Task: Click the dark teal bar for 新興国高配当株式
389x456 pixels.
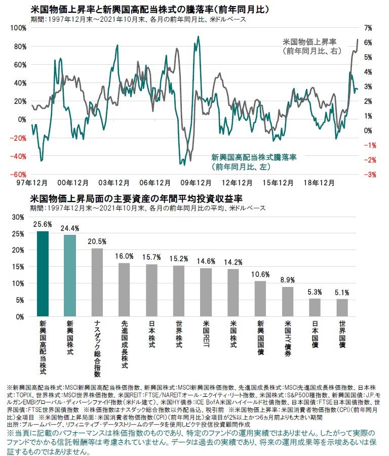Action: coord(43,274)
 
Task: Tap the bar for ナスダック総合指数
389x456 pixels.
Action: coord(97,282)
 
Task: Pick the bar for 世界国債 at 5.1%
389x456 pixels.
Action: coord(343,308)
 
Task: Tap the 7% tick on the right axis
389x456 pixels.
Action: coord(368,27)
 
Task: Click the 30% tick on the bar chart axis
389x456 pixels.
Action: coord(18,217)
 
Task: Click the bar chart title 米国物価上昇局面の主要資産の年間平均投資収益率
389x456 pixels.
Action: coord(130,199)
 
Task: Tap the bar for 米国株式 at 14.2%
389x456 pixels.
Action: coord(234,293)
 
